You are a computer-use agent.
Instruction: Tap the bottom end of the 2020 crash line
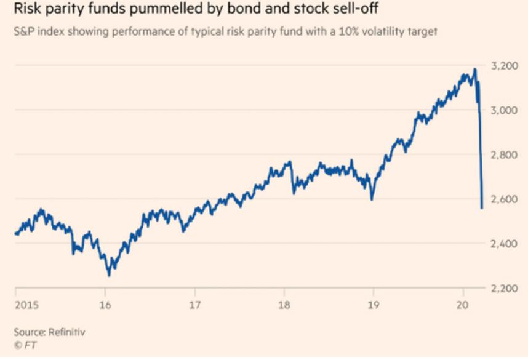(x=481, y=209)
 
